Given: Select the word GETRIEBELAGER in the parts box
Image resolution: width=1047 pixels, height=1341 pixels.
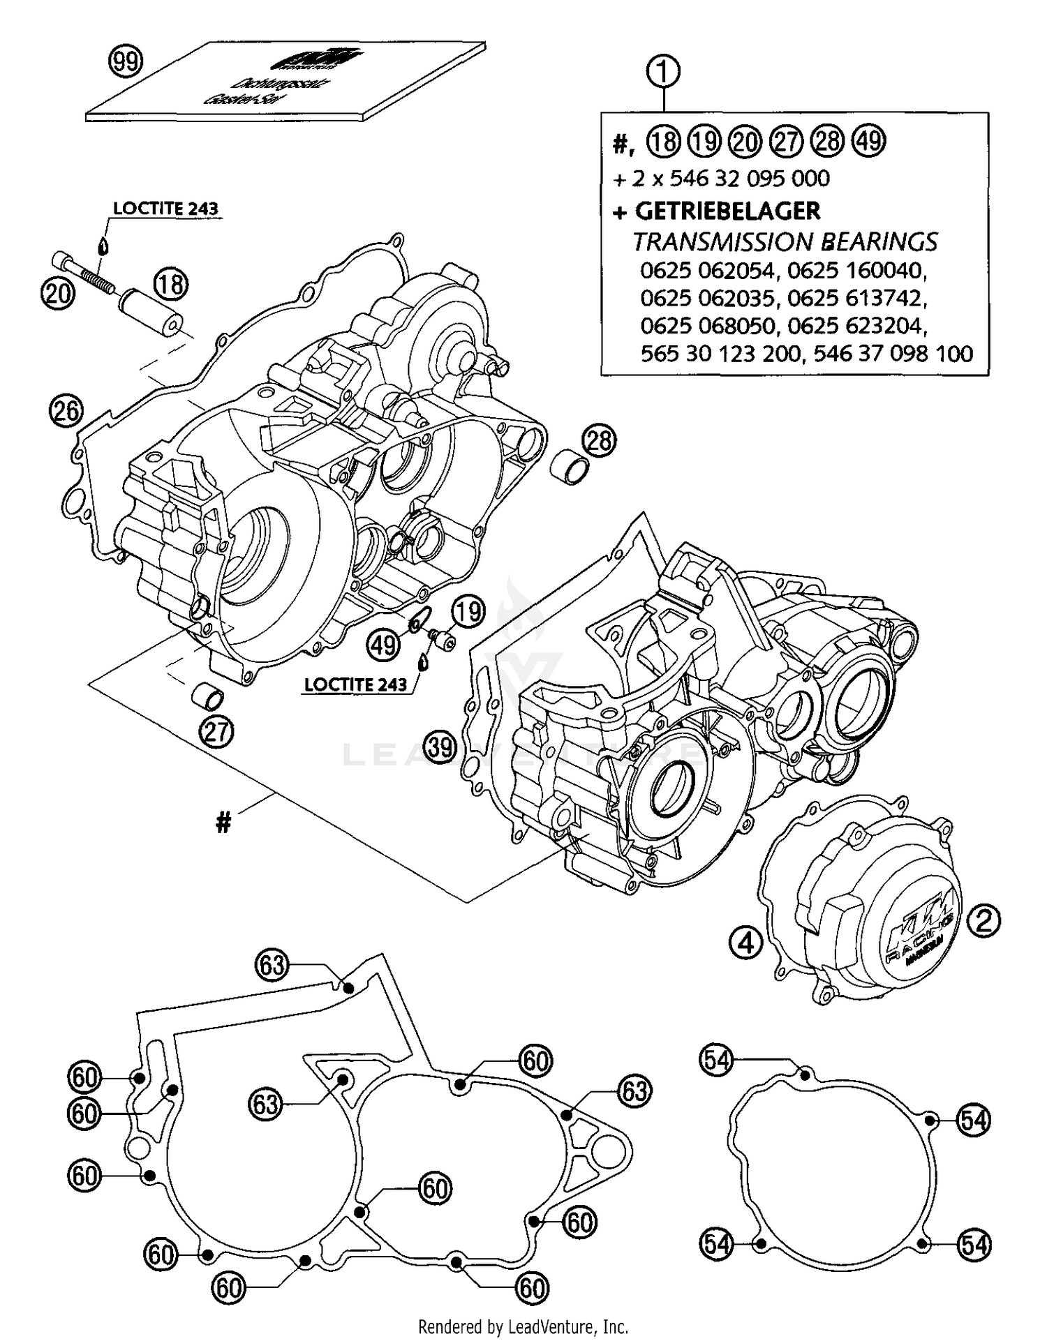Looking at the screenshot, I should click(727, 211).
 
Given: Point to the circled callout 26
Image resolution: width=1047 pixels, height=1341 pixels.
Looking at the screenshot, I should click(66, 410).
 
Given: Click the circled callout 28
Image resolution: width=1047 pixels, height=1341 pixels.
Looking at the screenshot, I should click(598, 440).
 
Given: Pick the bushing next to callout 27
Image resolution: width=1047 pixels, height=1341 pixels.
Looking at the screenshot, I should click(209, 696).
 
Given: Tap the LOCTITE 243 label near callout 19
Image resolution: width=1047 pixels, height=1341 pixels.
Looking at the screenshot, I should click(355, 684).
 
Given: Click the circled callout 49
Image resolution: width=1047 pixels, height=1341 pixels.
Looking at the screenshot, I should click(383, 644).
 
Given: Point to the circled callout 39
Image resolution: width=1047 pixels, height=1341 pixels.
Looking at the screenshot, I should click(440, 747).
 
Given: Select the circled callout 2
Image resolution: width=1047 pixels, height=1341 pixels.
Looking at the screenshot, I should click(983, 922).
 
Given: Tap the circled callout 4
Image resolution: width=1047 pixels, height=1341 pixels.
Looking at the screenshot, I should click(746, 943).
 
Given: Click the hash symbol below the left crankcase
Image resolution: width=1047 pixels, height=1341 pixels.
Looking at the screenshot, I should click(223, 824).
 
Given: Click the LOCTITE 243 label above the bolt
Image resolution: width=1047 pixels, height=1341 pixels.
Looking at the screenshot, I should click(166, 208).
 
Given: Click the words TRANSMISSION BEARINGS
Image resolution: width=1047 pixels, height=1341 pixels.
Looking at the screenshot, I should click(785, 241).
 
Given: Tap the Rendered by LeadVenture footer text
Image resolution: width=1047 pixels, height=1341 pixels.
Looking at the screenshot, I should click(523, 1326).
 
